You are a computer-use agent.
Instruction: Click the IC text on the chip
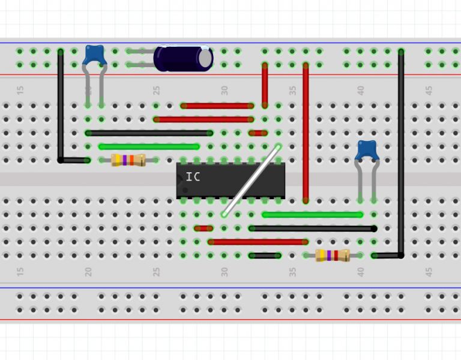[x=193, y=177]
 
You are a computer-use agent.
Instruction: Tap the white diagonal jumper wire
[x=252, y=180]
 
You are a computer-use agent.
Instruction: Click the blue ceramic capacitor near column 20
[x=95, y=55]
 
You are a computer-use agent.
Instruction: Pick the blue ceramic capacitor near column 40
[x=366, y=150]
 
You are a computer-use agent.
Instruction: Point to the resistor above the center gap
[x=128, y=160]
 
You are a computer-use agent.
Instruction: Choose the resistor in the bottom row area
[x=333, y=256]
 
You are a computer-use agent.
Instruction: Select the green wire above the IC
[x=149, y=146]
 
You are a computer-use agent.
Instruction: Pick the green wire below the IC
[x=312, y=214]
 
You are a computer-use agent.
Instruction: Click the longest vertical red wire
[x=306, y=132]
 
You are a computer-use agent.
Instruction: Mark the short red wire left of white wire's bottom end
[x=203, y=229]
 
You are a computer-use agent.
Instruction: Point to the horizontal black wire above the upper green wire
[x=149, y=133]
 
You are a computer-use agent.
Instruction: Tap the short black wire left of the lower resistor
[x=265, y=256]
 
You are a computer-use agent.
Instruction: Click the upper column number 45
[x=429, y=90]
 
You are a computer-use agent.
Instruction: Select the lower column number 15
[x=20, y=271]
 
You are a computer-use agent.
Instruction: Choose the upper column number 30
[x=224, y=90]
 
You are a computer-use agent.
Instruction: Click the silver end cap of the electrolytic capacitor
[x=206, y=58]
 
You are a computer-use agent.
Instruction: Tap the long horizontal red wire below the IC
[x=258, y=242]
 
